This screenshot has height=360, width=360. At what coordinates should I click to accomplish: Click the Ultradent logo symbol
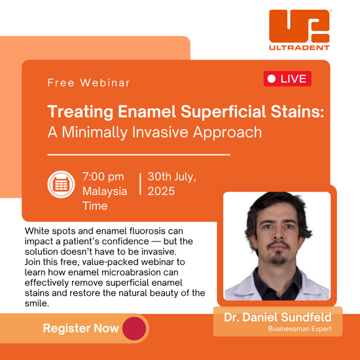click(299, 26)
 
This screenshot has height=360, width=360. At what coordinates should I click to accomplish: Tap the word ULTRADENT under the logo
click(299, 48)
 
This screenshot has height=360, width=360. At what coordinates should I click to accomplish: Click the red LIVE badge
click(287, 79)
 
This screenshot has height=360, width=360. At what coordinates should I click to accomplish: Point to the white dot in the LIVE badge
click(272, 79)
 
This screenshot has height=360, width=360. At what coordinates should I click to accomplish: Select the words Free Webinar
click(89, 82)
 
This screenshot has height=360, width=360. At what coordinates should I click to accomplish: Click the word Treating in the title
click(81, 112)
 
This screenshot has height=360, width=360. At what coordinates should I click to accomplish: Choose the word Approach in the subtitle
click(227, 133)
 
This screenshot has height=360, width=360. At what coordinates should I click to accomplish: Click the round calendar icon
click(61, 184)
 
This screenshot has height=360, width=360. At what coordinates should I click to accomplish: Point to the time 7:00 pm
click(103, 177)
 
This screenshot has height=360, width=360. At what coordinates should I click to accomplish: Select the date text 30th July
click(171, 177)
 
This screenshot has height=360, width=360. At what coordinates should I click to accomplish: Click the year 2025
click(161, 191)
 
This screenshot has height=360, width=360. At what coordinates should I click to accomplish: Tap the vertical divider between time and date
click(140, 184)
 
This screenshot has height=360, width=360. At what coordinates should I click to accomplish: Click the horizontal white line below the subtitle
click(139, 154)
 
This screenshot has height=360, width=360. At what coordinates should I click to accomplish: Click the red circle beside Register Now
click(134, 329)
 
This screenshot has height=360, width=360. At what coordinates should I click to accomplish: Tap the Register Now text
click(81, 329)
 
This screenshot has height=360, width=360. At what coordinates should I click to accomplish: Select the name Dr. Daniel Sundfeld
click(278, 317)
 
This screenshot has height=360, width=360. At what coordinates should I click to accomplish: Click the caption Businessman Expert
click(300, 329)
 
